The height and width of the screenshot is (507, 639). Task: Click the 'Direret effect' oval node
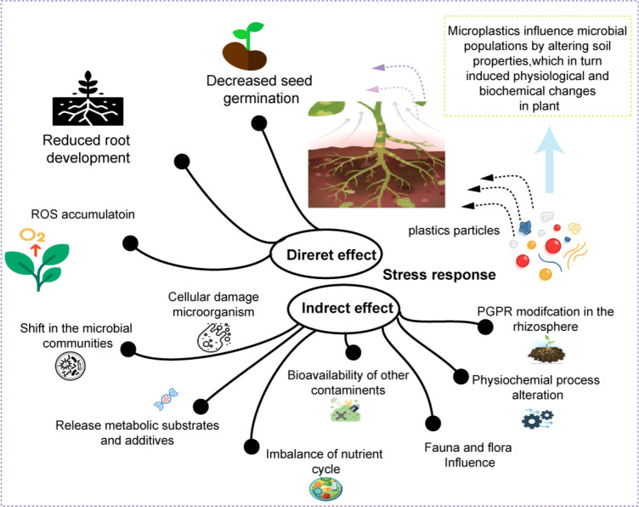coord(326,254)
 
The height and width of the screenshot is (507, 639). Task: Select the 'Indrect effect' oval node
coord(343,308)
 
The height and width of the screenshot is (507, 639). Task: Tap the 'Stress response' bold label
coord(439,275)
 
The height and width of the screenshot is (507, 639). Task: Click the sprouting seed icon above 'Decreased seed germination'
coord(246,46)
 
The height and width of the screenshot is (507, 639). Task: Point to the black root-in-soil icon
coord(88,99)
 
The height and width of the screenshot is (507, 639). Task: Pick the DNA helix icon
coord(167,399)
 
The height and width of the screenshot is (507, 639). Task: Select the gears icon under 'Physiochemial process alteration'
coord(538,419)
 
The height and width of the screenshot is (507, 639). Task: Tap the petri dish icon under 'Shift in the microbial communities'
coord(70,366)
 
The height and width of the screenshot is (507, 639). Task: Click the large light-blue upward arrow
coord(549,159)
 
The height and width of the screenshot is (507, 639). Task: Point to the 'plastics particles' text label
coord(454,231)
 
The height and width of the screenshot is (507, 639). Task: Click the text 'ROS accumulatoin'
coord(82,214)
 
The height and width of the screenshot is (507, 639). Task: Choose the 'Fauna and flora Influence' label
coord(468,455)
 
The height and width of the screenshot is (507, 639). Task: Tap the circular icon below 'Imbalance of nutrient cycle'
coord(325,488)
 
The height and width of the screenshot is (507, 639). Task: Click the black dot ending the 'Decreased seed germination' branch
coord(259,123)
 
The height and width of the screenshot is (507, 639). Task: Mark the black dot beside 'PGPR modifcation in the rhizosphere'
coord(485,327)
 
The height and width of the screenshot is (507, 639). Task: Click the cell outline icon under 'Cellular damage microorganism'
coord(214,338)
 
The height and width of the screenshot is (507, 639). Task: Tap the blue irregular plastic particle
coord(525,227)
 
